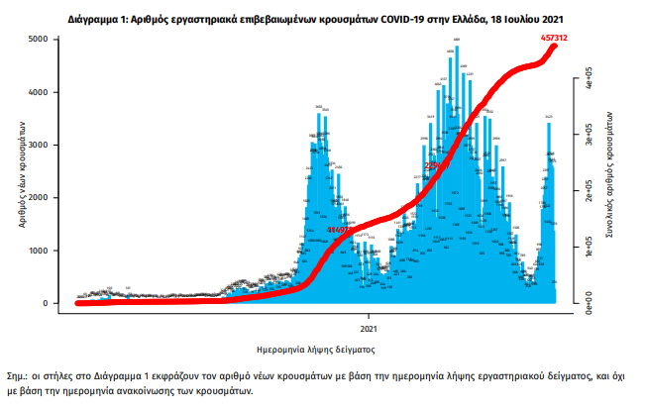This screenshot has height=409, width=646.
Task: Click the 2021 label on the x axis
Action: [369, 327]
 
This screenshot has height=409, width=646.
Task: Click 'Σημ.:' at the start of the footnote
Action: [21, 376]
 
